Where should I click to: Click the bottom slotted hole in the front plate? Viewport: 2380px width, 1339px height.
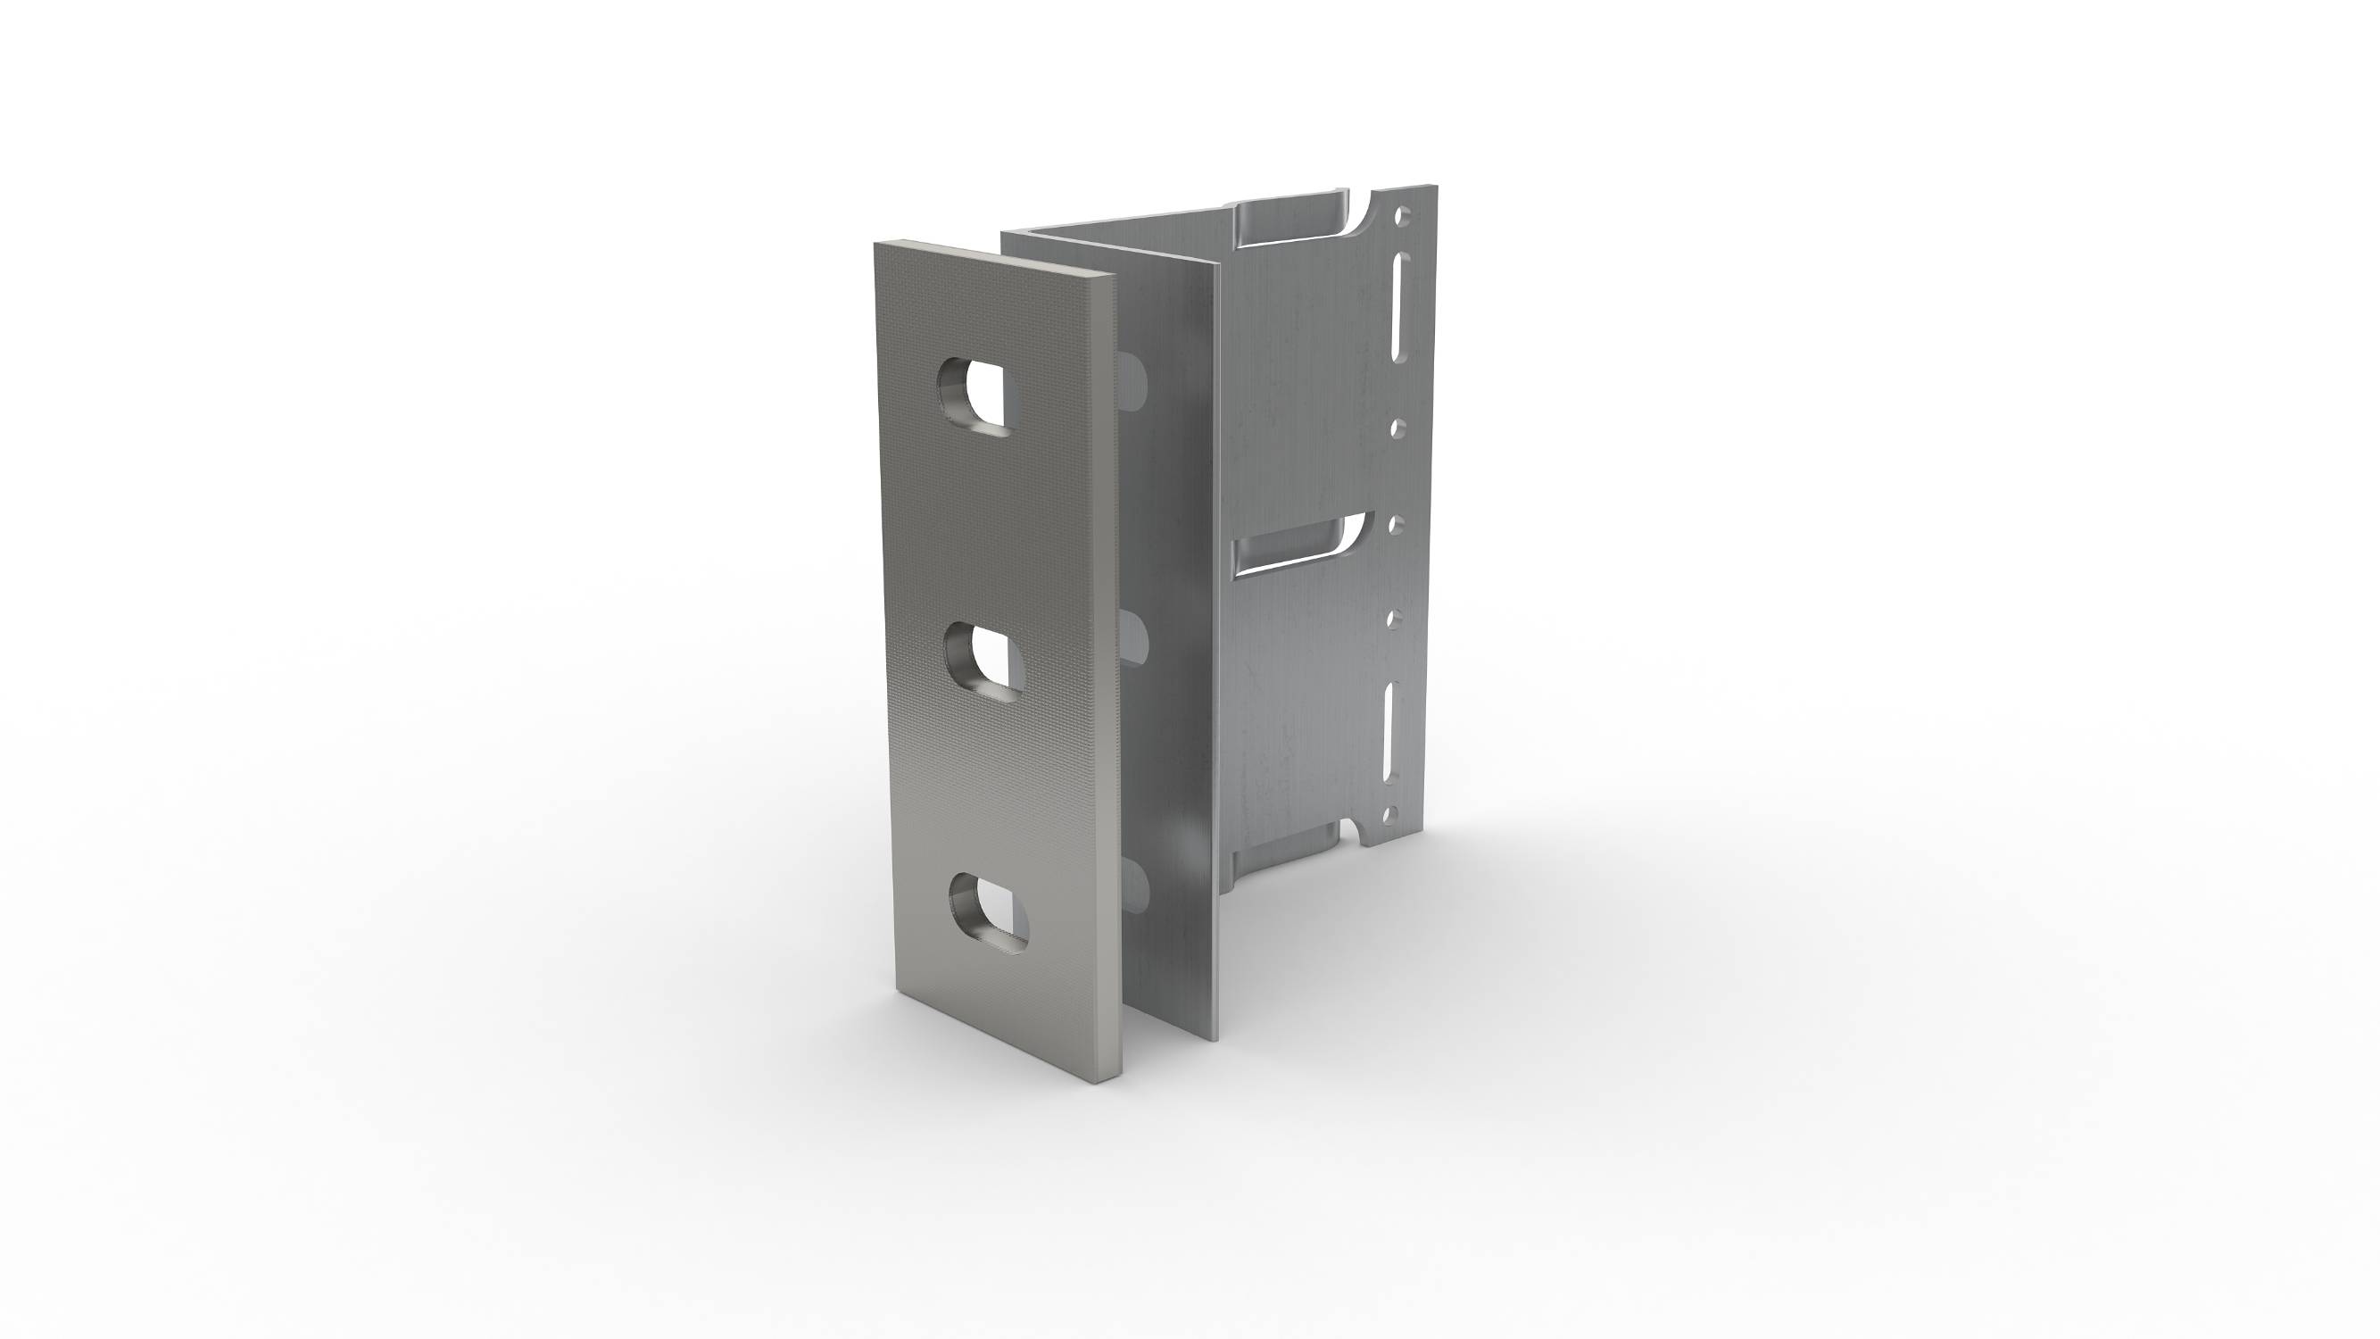coord(990,914)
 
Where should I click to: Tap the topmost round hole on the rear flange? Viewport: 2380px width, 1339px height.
coord(1403,217)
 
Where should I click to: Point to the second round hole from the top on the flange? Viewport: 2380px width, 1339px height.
coord(1398,428)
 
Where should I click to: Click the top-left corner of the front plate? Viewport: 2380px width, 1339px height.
coord(875,244)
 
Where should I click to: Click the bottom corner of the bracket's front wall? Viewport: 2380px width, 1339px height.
coord(1218,1041)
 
